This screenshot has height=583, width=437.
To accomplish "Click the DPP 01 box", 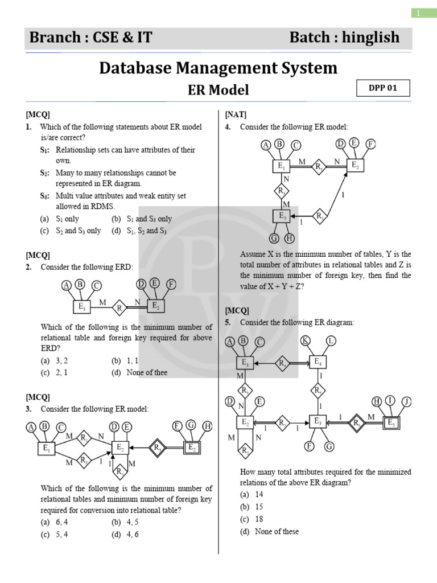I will [382, 88].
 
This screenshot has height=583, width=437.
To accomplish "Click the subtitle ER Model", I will [218, 90].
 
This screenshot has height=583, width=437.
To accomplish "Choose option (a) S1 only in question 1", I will [60, 219].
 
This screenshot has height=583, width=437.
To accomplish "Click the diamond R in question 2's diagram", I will [119, 309].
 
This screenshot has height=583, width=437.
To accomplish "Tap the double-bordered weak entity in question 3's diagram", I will [192, 448].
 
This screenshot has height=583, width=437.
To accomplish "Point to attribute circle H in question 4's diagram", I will [290, 238].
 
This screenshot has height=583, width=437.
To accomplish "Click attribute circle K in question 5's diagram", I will [306, 340].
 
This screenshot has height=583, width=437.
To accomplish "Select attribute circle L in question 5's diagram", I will [331, 340].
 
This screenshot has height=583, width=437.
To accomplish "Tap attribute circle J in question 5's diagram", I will [406, 401].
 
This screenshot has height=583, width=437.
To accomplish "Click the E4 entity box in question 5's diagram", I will [319, 362].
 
